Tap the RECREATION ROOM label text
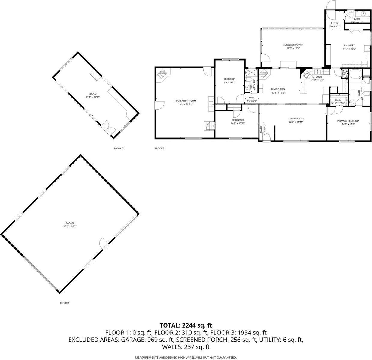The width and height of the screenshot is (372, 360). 185,101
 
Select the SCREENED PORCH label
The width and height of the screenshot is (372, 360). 293,45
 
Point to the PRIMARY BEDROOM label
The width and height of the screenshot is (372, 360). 348,121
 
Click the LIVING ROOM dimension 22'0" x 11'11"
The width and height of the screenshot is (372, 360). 296,122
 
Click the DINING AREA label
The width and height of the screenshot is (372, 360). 278,89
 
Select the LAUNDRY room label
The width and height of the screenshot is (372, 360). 349,46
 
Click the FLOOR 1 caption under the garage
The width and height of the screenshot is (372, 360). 65,303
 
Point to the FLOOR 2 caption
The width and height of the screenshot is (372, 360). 119,148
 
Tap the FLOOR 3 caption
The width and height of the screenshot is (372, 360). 159,148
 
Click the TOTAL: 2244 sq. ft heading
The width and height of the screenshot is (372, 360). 186,325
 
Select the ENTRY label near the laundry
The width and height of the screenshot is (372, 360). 334,23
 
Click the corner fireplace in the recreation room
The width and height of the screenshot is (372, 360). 162,73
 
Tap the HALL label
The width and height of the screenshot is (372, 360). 251,97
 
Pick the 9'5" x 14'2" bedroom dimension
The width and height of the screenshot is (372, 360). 229,82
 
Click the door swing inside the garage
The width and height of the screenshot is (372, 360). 103,242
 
